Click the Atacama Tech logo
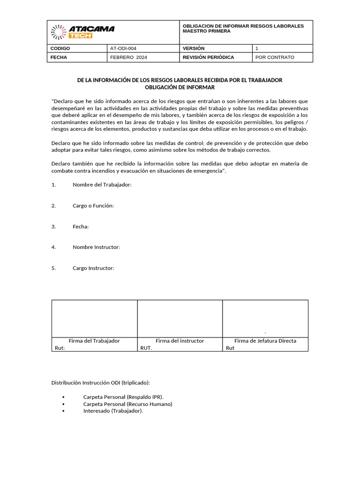(x=82, y=32)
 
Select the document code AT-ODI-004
(x=123, y=48)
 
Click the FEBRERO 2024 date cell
(x=128, y=57)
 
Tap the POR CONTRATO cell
(x=275, y=57)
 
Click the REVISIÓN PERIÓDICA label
(x=208, y=57)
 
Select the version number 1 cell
(x=257, y=48)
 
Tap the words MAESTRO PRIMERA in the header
(x=206, y=31)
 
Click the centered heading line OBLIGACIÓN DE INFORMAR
(x=180, y=88)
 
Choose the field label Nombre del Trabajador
(x=102, y=185)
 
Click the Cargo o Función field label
(x=93, y=206)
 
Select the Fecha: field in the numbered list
(x=81, y=226)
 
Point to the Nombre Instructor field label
(x=96, y=247)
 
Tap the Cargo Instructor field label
(x=93, y=268)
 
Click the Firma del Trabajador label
(x=94, y=341)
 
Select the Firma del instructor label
(x=180, y=341)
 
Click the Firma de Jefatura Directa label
(x=265, y=341)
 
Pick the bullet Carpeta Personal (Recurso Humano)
(x=127, y=404)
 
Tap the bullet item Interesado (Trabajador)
(x=113, y=411)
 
